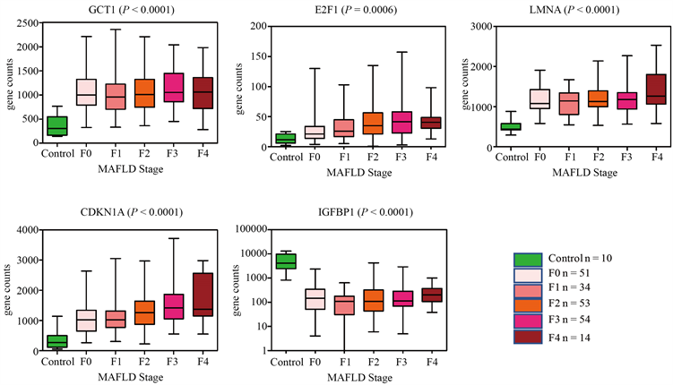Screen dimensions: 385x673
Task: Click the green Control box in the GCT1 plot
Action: pyautogui.click(x=56, y=126)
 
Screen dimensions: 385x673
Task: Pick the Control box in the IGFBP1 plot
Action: pyautogui.click(x=286, y=261)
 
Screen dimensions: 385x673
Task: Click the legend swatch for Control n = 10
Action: pyautogui.click(x=527, y=258)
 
